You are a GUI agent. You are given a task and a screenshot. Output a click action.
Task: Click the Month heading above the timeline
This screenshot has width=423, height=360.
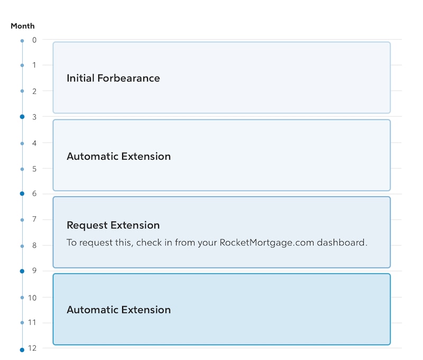coord(23,26)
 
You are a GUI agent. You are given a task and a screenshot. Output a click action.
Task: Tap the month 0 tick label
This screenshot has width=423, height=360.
coord(34,40)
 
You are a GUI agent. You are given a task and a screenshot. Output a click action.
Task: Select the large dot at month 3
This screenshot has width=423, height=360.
coord(22,117)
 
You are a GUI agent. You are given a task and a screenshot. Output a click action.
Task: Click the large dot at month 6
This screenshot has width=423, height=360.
coord(22,193)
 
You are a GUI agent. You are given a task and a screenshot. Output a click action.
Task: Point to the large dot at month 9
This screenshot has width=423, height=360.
coord(22,271)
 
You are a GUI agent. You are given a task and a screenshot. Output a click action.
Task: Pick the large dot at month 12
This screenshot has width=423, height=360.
coord(22,350)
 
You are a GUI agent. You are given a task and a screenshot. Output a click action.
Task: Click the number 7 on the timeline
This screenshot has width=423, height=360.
coord(34,219)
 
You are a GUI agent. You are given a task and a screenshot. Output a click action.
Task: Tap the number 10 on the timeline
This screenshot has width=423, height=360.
coord(32,298)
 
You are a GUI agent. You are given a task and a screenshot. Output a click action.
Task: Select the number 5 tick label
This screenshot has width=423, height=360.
coord(34,169)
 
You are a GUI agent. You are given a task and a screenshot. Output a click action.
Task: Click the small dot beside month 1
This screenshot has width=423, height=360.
coord(22,65)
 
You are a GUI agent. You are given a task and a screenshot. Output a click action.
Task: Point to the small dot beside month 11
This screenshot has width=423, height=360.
coord(22,322)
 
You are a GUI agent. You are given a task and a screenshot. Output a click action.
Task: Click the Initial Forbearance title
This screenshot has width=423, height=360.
coord(113,78)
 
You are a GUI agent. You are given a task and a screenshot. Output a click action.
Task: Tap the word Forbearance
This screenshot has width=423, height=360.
coord(128,78)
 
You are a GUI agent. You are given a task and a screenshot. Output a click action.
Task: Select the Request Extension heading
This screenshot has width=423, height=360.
coord(113,225)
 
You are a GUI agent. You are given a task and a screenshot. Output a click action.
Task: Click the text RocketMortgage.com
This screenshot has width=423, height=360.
coord(267,243)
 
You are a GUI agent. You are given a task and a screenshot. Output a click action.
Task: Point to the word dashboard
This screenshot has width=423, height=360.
coord(342,243)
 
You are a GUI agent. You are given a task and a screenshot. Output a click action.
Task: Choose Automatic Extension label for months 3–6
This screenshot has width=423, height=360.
coord(118,156)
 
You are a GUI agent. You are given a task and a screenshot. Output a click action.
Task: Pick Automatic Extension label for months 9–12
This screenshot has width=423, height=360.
coord(118,310)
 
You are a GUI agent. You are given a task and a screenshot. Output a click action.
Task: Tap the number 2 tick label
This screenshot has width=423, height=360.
coord(34,91)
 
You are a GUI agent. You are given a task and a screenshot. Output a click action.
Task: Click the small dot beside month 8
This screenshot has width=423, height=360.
coord(22,246)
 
